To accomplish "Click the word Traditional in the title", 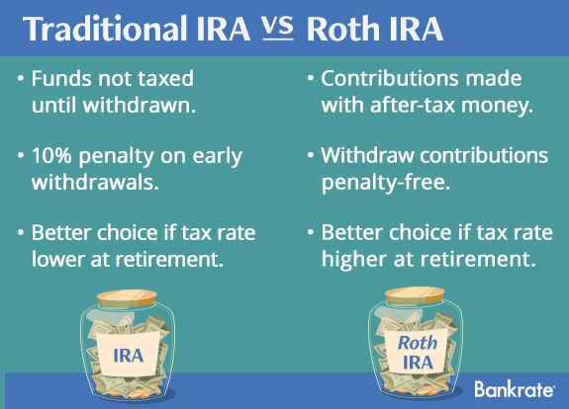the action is tap(105, 29).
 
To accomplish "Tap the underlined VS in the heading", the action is tap(278, 28).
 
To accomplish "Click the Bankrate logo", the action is tap(515, 389).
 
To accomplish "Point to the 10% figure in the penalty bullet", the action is tap(51, 156).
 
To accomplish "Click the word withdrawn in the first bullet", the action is tap(140, 105).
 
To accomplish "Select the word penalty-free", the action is tap(386, 182).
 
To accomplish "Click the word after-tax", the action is tap(413, 106).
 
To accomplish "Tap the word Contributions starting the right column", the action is tap(390, 78).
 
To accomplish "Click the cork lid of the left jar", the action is tap(127, 297).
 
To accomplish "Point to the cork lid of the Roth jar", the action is tap(415, 295).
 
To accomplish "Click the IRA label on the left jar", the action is tap(129, 356).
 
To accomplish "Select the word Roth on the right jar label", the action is tap(418, 343).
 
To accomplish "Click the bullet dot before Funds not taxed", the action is tap(21, 78).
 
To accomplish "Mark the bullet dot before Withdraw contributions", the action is tap(311, 155).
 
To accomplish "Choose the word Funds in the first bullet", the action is tap(61, 78).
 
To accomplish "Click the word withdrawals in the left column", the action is tap(95, 182).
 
